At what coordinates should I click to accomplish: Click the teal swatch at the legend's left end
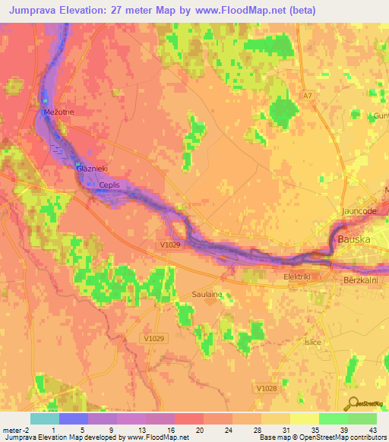[x=44, y=418]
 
